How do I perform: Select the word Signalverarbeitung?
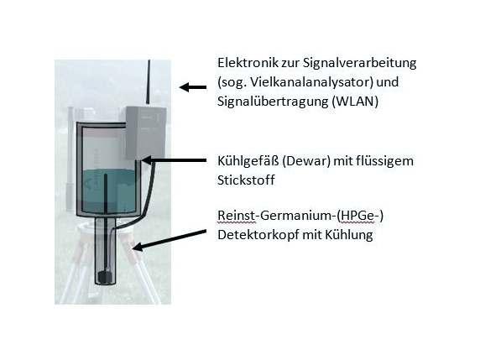click(x=360, y=64)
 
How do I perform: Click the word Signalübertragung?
click(x=273, y=102)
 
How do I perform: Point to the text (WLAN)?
click(x=355, y=102)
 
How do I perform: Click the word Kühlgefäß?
click(x=248, y=161)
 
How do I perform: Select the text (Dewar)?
click(x=306, y=161)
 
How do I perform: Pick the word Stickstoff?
click(x=246, y=180)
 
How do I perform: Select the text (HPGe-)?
click(x=360, y=216)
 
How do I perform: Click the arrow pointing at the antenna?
click(x=193, y=87)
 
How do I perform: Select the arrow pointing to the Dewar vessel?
click(x=174, y=160)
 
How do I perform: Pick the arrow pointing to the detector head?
click(x=170, y=240)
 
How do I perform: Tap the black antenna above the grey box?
click(x=149, y=82)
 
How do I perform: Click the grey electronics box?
click(x=146, y=133)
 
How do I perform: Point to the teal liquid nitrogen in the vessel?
click(x=109, y=190)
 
